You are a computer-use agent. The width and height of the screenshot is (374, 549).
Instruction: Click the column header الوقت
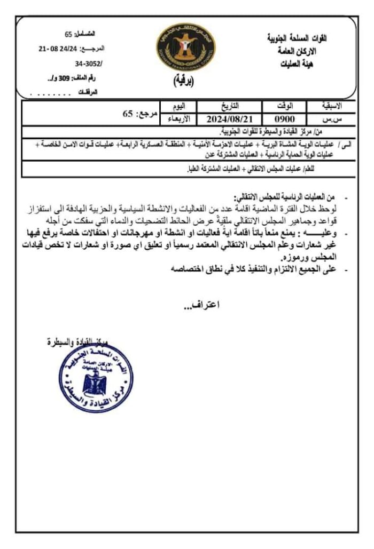pyautogui.click(x=282, y=106)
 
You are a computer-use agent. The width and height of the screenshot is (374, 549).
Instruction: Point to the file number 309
pyautogui.click(x=65, y=78)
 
